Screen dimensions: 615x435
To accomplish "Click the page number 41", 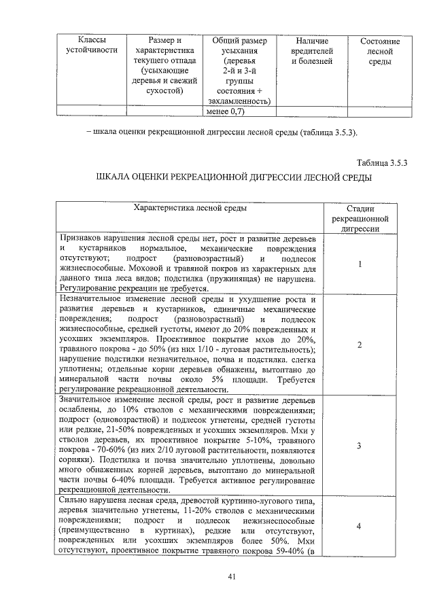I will click(x=232, y=576).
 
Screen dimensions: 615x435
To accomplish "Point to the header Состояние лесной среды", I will click(x=379, y=52).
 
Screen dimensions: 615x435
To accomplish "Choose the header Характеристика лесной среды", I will click(x=191, y=209).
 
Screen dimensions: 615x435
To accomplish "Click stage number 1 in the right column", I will click(x=359, y=264).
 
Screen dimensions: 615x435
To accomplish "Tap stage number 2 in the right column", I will click(x=359, y=345).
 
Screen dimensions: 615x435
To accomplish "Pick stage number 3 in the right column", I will click(x=359, y=445).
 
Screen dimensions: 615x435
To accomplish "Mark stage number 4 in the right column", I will click(x=359, y=526).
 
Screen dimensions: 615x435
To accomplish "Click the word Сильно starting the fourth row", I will click(x=73, y=499).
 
